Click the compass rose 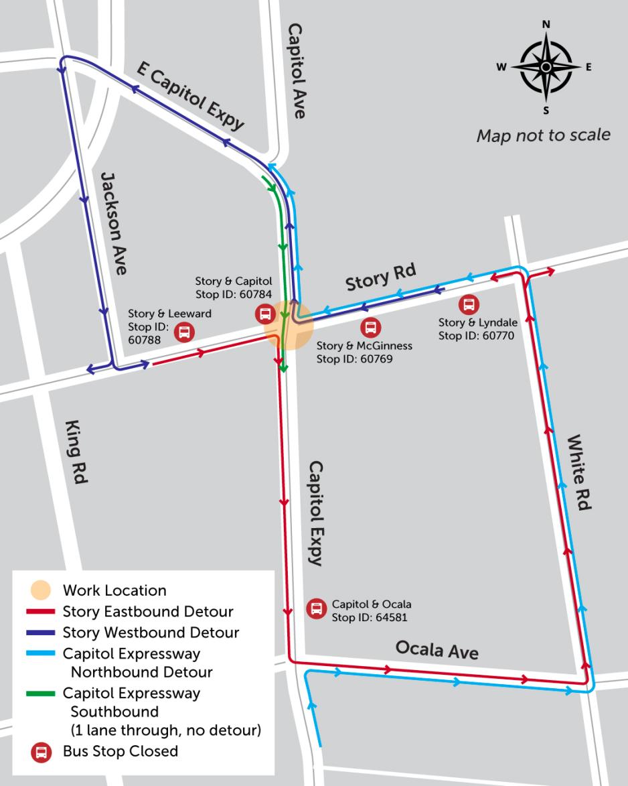546,67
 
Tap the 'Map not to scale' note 543,135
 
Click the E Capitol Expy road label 190,96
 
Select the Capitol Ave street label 296,70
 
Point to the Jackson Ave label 113,222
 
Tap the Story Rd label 380,277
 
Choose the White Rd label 579,472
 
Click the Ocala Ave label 437,649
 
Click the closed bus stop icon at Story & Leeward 183,332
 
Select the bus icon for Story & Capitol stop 265,313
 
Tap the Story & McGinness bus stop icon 370,328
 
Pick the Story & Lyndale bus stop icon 469,304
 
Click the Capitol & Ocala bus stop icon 316,608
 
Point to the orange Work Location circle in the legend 41,590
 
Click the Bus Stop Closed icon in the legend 41,751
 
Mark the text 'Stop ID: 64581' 370,617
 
